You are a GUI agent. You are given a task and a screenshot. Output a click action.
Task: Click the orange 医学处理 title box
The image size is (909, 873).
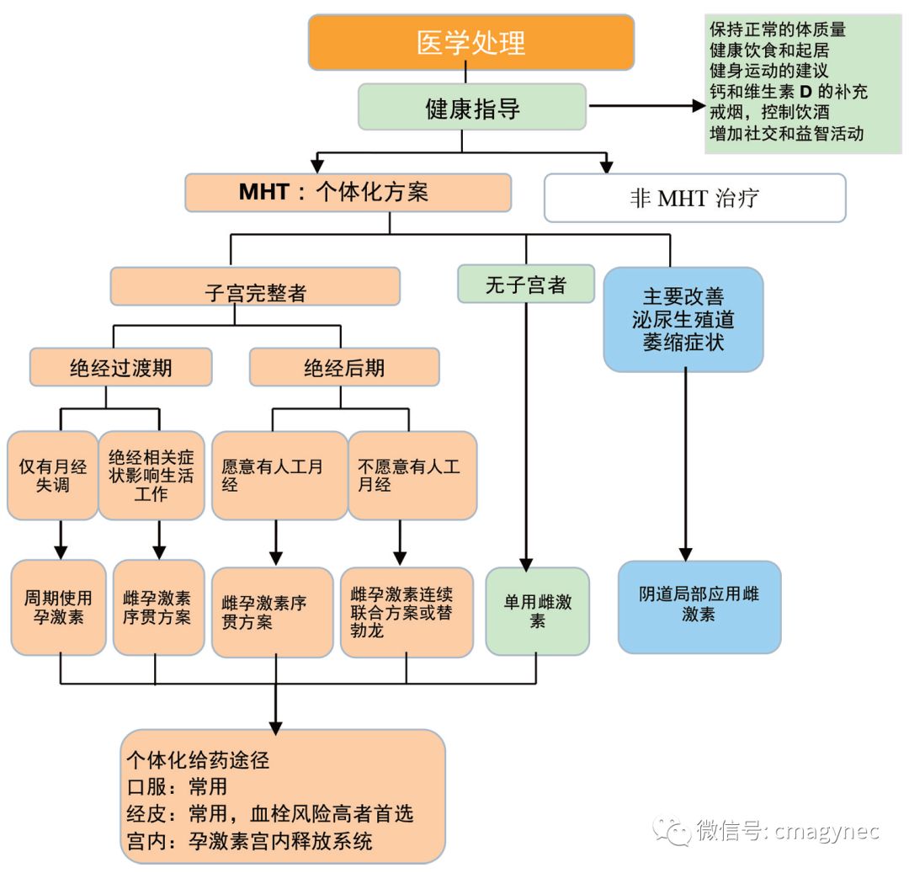point(470,42)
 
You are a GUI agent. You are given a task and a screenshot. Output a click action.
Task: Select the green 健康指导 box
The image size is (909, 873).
point(472,108)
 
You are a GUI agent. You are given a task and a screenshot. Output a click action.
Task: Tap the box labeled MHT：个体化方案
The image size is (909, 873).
point(348,192)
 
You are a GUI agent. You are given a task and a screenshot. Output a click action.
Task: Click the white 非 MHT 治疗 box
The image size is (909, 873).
point(694,198)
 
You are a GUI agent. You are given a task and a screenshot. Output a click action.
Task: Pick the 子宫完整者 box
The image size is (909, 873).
point(255,287)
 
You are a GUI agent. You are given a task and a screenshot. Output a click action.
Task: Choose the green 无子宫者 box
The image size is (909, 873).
point(525,285)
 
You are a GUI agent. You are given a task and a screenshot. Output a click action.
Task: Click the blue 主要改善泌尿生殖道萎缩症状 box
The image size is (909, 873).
point(683,320)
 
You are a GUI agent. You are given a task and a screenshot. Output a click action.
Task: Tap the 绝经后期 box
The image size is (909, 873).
point(343,367)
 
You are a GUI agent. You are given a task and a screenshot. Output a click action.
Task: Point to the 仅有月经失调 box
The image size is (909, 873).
point(52,476)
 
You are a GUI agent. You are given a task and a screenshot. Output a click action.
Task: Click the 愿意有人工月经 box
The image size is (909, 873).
point(279,476)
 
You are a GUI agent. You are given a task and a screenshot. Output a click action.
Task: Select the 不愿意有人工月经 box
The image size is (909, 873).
point(412,476)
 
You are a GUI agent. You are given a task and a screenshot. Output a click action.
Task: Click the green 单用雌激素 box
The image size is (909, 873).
point(537,611)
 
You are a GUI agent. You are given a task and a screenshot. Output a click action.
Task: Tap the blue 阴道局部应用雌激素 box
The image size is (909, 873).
point(699,606)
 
